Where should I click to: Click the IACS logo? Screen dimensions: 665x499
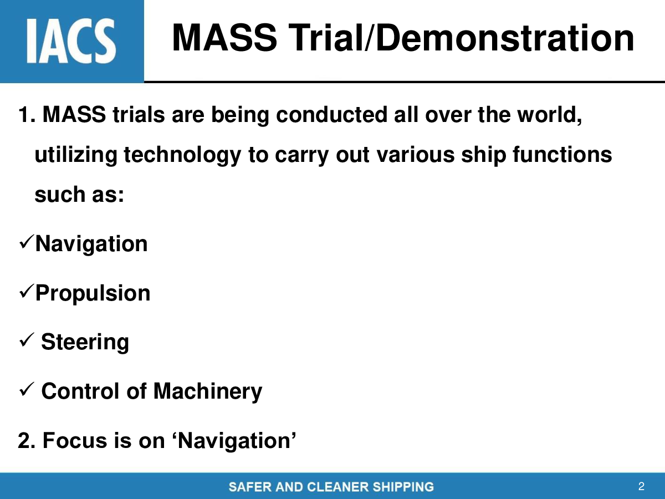pos(71,41)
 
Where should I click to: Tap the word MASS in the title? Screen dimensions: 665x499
pos(224,38)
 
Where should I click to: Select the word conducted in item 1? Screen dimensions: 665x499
pos(332,115)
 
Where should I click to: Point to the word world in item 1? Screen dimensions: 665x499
pos(549,115)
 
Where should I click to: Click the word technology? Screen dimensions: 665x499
pos(182,155)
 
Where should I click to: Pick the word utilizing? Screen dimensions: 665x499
pos(76,155)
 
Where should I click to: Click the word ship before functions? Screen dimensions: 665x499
pos(484,155)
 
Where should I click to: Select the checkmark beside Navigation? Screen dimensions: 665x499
pos(26,242)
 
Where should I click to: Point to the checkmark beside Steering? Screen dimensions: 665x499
pos(26,340)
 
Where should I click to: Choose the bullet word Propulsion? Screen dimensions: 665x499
pos(93,294)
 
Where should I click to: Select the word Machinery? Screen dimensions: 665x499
pos(208,392)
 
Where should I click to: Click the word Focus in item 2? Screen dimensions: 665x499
pos(75,441)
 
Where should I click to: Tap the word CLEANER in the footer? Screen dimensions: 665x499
pos(339,487)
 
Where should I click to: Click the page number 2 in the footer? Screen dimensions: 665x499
pos(641,486)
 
